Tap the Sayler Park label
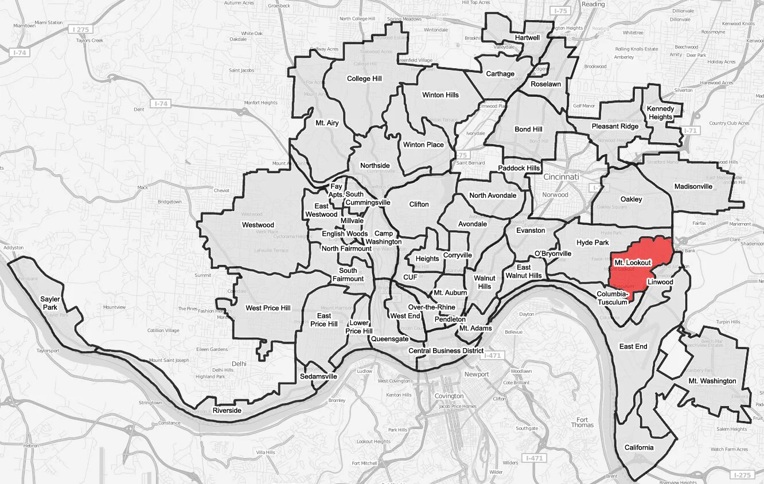(50, 303)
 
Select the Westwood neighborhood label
(258, 225)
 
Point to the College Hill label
(364, 79)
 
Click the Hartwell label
(527, 38)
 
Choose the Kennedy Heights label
(660, 113)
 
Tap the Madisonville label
(693, 186)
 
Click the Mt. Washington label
(712, 381)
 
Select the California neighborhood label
(638, 447)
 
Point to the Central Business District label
(446, 350)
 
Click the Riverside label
(227, 411)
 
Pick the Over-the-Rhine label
(431, 307)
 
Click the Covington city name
(449, 396)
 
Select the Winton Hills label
(440, 95)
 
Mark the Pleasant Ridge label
(614, 126)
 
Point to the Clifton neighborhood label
(419, 204)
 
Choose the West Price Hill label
(268, 308)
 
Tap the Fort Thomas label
(582, 421)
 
